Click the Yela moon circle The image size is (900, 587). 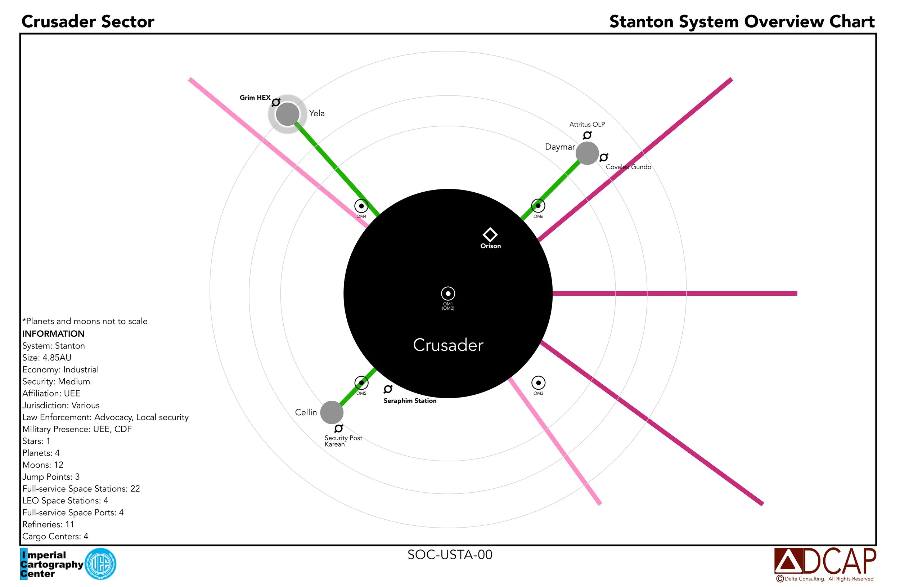287,114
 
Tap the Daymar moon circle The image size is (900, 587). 587,153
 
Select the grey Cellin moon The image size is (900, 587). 332,412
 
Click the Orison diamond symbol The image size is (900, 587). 490,234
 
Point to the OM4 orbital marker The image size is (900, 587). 361,206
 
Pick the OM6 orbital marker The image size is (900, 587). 538,206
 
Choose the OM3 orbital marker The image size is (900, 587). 538,383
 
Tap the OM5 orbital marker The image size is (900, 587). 361,383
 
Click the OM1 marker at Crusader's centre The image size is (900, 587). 448,293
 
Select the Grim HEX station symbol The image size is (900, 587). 276,102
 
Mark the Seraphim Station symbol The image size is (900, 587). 388,389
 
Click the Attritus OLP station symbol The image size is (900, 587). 587,135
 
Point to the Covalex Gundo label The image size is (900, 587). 628,167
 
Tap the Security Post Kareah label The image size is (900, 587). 343,441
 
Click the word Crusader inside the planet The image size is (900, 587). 448,345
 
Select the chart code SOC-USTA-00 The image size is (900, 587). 450,555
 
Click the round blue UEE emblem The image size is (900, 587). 100,564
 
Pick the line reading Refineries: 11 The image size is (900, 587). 48,524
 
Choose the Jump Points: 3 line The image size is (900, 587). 51,476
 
